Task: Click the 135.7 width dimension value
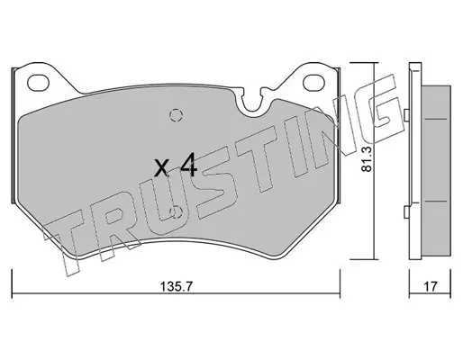[176, 287]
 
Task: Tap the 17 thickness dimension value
[431, 287]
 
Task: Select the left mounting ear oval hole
[38, 82]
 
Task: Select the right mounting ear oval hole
[313, 82]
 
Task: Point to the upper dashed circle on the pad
[177, 115]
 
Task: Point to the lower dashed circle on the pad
[177, 212]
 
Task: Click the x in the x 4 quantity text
[162, 168]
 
